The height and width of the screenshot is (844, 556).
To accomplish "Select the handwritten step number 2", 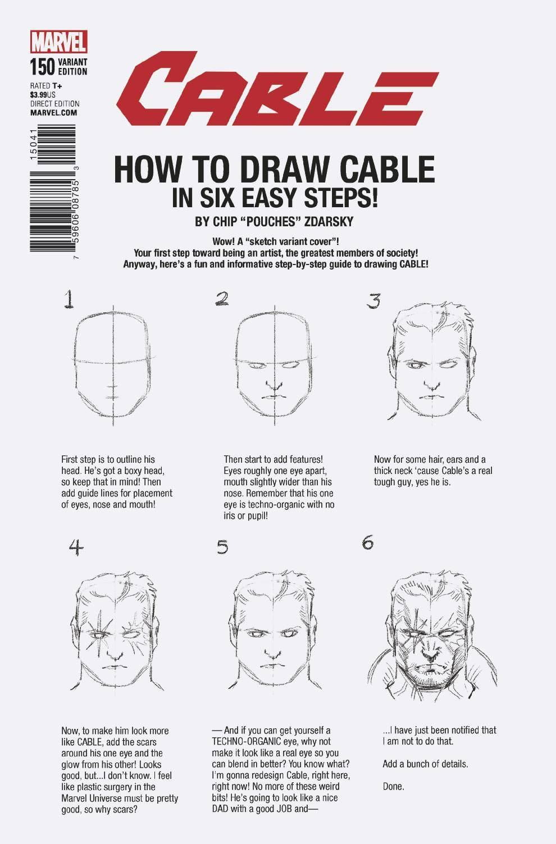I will tap(221, 299).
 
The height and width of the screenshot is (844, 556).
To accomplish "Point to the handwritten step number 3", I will tap(373, 302).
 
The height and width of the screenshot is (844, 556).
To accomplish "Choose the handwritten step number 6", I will tap(368, 544).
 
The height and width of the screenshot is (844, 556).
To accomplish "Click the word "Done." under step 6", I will tap(393, 786).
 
